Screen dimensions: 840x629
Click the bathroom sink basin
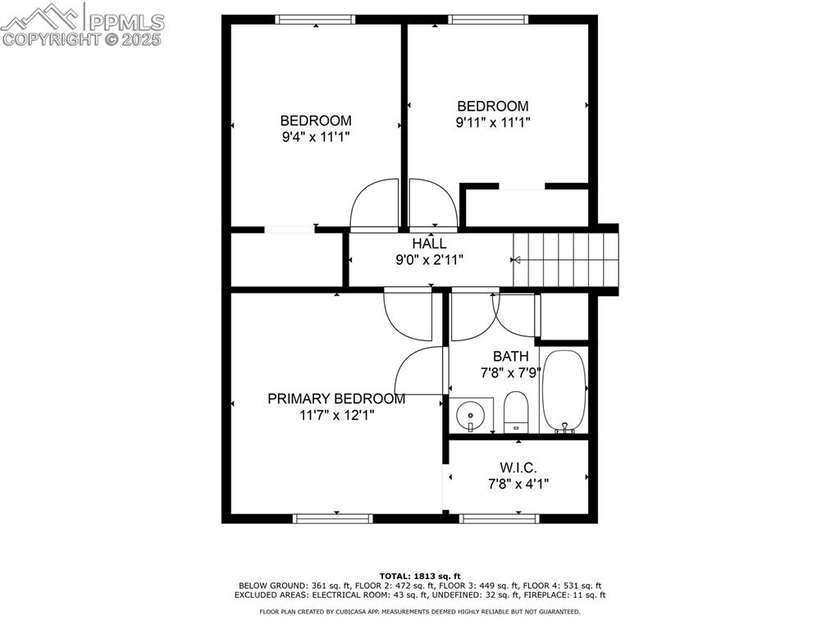[x=470, y=415]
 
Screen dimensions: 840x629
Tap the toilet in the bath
[x=517, y=412]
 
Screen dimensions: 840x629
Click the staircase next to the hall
[x=566, y=260]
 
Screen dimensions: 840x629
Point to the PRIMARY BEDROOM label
[x=336, y=399]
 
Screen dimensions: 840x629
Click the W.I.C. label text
[x=518, y=467]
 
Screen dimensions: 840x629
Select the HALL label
[x=429, y=244]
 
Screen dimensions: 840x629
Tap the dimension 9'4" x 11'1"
[x=316, y=137]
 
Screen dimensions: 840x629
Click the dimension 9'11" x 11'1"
[x=493, y=123]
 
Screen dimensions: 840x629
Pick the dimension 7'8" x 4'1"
[x=518, y=485]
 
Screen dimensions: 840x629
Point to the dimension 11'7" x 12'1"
[x=337, y=415]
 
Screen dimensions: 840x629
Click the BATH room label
[x=510, y=356]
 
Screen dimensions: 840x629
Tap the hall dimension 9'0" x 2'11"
[x=429, y=261]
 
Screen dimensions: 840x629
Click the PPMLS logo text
[x=126, y=22]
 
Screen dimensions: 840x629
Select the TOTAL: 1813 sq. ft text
[x=420, y=577]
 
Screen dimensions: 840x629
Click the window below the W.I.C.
[x=500, y=518]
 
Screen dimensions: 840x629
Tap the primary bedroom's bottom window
[x=333, y=518]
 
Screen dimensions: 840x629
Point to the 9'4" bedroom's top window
[x=315, y=20]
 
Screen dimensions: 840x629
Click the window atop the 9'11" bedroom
[x=488, y=20]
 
